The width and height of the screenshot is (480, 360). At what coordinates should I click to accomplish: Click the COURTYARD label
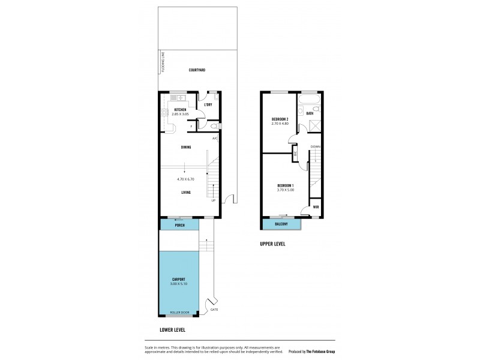click(x=197, y=70)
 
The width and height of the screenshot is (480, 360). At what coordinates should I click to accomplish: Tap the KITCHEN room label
click(x=180, y=109)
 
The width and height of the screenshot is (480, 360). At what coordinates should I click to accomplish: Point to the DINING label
click(x=186, y=147)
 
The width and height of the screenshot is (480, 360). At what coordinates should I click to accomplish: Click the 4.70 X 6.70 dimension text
click(x=186, y=178)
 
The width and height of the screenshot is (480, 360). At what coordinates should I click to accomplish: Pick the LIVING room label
click(x=186, y=193)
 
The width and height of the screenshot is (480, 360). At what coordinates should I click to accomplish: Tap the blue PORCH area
click(x=179, y=225)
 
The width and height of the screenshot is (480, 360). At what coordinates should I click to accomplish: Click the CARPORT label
click(x=178, y=280)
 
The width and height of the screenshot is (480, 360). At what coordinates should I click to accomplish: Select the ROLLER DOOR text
click(x=179, y=313)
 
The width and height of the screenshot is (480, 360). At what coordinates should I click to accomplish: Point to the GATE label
click(x=214, y=309)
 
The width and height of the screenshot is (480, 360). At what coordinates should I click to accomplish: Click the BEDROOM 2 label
click(x=280, y=119)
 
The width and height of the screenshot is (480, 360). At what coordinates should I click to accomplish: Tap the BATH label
click(x=310, y=113)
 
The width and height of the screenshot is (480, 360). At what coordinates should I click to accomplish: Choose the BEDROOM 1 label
click(x=285, y=186)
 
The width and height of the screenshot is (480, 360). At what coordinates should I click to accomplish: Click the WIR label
click(x=316, y=207)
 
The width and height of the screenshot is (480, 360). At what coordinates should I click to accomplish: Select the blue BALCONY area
click(x=281, y=224)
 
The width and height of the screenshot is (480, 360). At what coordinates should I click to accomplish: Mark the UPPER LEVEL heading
click(x=272, y=244)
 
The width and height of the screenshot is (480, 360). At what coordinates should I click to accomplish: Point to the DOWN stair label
click(x=315, y=147)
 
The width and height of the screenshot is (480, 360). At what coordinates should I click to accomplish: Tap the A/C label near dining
click(x=215, y=139)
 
